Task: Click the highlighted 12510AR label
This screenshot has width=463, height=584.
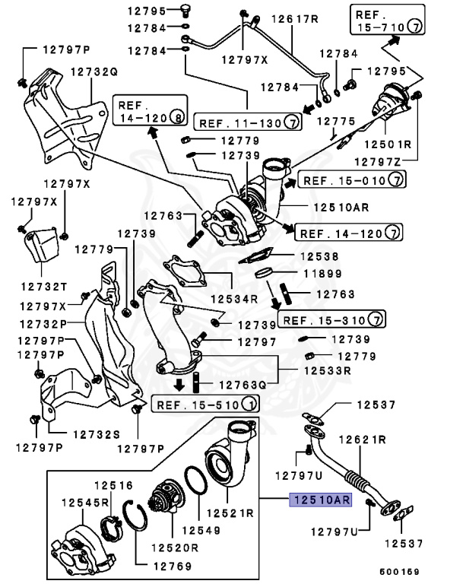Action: pos(319,500)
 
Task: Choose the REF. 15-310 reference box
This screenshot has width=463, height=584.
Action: pos(331,318)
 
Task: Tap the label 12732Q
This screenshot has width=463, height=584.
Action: pos(94,72)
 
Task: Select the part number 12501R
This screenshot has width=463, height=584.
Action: pos(393,144)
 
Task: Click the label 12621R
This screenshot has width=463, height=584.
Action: pos(362,440)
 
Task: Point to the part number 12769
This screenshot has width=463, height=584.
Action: pos(171,565)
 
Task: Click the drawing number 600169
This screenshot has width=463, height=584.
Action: pos(400,570)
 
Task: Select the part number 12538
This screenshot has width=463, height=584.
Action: pos(320,257)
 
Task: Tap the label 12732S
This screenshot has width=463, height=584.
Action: pos(97,434)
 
